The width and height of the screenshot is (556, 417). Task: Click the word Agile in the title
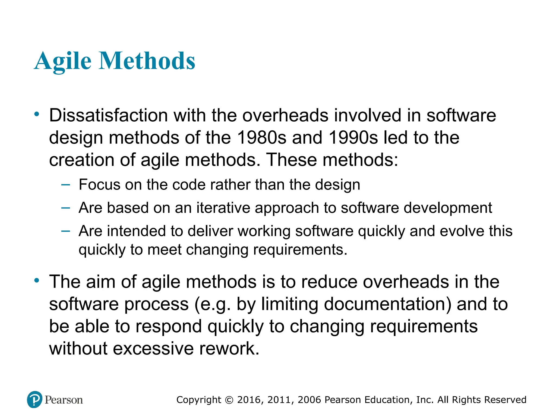pyautogui.click(x=63, y=61)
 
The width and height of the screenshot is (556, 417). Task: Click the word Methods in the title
pyautogui.click(x=147, y=61)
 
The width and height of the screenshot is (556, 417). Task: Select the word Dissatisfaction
pyautogui.click(x=108, y=115)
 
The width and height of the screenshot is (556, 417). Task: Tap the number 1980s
pyautogui.click(x=261, y=137)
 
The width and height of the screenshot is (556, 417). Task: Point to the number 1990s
pyautogui.click(x=353, y=137)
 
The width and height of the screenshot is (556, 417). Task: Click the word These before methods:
pyautogui.click(x=292, y=160)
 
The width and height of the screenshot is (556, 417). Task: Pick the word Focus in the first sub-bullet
pyautogui.click(x=99, y=185)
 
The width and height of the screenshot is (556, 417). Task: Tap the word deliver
pyautogui.click(x=210, y=231)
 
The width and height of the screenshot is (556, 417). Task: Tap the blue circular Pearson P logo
pyautogui.click(x=35, y=399)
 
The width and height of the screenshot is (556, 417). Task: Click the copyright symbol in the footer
pyautogui.click(x=229, y=400)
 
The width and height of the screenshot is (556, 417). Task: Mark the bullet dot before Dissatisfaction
pyautogui.click(x=37, y=114)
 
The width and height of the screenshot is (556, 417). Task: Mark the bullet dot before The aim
pyautogui.click(x=37, y=280)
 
